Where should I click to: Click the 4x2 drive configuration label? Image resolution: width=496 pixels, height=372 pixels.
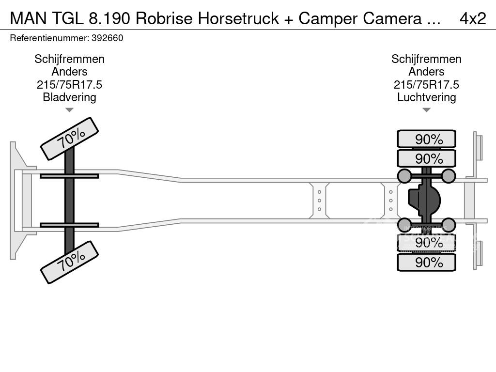point(472,18)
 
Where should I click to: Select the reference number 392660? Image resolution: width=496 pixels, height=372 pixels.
point(107,38)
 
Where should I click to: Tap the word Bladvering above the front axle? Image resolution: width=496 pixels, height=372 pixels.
point(69,97)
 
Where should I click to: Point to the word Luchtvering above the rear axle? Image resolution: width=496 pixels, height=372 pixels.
point(426,97)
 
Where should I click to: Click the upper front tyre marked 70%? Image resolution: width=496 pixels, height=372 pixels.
point(69,139)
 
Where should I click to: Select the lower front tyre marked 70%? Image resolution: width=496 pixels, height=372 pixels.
point(69,263)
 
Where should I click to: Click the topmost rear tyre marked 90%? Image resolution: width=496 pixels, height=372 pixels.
point(426,139)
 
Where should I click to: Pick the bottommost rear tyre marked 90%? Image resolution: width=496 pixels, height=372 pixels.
point(426,263)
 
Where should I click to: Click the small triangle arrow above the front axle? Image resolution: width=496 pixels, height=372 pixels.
point(69,110)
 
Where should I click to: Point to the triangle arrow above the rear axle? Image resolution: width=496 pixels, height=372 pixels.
point(426,110)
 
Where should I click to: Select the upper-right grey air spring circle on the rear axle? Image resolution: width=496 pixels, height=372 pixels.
point(449,176)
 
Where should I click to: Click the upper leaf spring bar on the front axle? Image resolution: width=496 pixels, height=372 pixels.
point(69,176)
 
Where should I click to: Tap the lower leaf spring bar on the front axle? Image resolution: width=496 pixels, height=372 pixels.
point(69,225)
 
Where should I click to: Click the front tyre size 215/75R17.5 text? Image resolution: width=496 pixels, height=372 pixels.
point(69,85)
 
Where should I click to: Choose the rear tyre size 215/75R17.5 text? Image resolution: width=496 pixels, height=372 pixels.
point(426,85)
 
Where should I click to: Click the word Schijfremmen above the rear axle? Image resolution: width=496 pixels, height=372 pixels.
point(426,59)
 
